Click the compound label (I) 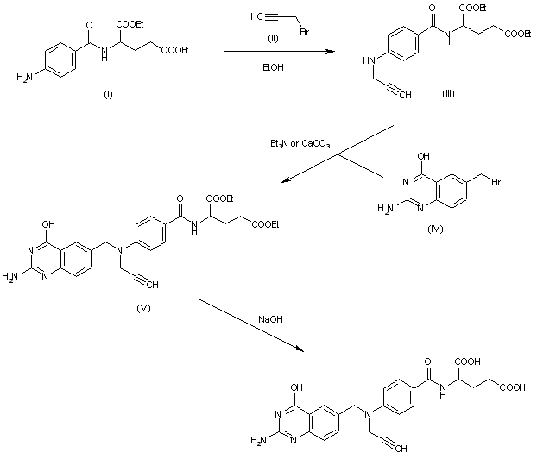[x=108, y=94]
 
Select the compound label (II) [x=273, y=39]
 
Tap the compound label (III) [x=448, y=93]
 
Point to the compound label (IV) [x=435, y=229]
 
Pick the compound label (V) [x=143, y=308]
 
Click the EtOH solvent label [x=273, y=67]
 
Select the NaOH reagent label [x=270, y=319]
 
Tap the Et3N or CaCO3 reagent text [x=300, y=144]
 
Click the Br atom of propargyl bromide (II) [x=304, y=32]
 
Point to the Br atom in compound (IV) [x=496, y=182]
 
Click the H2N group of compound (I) [x=24, y=78]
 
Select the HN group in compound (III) [x=370, y=60]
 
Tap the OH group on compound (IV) [x=423, y=156]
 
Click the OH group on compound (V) [x=48, y=224]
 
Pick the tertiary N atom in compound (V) [x=119, y=251]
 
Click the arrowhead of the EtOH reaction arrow [x=331, y=52]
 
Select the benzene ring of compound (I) [x=60, y=60]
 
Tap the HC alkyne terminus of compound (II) [x=256, y=16]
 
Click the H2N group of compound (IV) [x=386, y=209]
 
